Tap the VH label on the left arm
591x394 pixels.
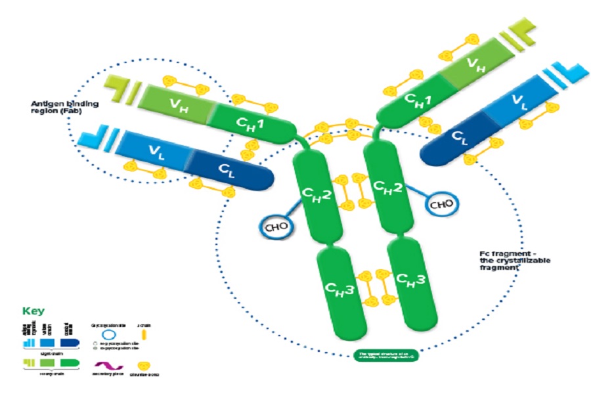tap(177, 105)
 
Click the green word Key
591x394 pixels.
tap(35, 311)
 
